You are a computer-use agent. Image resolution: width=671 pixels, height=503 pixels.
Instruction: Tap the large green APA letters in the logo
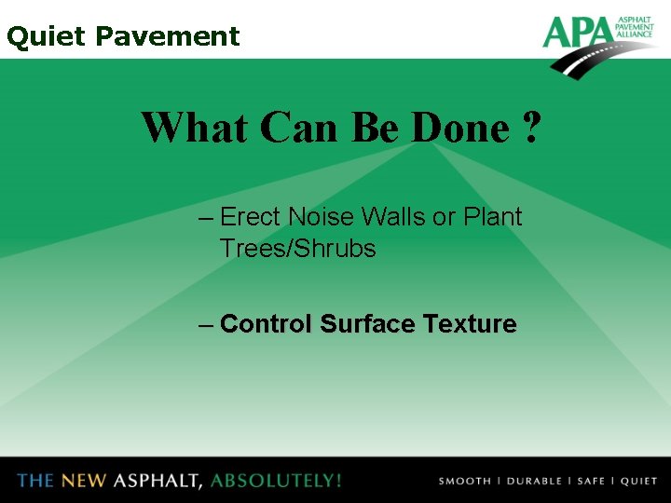(576, 33)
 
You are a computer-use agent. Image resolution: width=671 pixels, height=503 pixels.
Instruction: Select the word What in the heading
(194, 128)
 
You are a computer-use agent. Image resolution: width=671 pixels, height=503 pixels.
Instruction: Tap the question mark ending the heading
(530, 128)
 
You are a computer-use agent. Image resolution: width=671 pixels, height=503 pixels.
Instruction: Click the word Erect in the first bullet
(251, 217)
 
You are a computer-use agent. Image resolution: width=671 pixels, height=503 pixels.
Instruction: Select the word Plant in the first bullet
(492, 217)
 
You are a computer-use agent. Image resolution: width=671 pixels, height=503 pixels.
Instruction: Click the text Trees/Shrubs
(297, 249)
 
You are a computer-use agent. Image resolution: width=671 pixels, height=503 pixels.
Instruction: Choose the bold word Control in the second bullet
(267, 324)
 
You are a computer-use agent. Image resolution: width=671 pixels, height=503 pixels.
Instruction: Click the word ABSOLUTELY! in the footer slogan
(276, 481)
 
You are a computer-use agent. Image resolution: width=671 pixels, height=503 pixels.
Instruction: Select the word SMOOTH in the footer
(465, 482)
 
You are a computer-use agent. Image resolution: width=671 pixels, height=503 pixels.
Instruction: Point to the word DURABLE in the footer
(534, 482)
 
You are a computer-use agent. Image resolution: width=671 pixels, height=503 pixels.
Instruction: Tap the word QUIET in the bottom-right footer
(639, 482)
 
